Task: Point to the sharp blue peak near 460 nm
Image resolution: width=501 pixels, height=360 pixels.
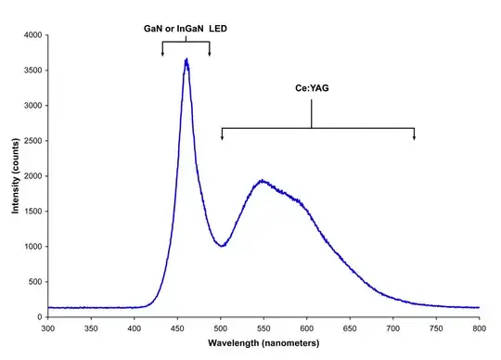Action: pyautogui.click(x=186, y=61)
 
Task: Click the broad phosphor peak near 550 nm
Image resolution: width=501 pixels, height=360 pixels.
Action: pyautogui.click(x=263, y=181)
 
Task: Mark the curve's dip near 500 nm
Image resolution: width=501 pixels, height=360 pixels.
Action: pyautogui.click(x=221, y=246)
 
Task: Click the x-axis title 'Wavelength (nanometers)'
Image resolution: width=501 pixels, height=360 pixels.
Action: pyautogui.click(x=263, y=343)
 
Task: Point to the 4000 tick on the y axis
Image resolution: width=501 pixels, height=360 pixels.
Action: pyautogui.click(x=32, y=35)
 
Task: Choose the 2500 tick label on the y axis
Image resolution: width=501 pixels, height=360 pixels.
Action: pyautogui.click(x=32, y=141)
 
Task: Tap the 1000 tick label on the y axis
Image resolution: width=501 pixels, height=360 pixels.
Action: pyautogui.click(x=32, y=247)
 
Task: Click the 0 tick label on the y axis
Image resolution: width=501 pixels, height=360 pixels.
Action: pyautogui.click(x=40, y=317)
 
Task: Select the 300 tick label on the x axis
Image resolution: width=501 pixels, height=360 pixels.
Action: pyautogui.click(x=48, y=328)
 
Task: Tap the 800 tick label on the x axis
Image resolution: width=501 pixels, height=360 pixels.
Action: pyautogui.click(x=479, y=328)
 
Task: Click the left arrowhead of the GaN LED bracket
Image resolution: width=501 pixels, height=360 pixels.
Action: pyautogui.click(x=163, y=54)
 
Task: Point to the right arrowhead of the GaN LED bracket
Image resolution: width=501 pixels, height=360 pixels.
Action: pyautogui.click(x=210, y=54)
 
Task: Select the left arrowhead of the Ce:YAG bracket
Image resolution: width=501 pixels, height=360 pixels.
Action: pyautogui.click(x=222, y=138)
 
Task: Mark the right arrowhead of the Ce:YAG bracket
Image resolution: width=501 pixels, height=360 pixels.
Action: pyautogui.click(x=414, y=138)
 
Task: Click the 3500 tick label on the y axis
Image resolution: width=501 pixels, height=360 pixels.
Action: pyautogui.click(x=32, y=71)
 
